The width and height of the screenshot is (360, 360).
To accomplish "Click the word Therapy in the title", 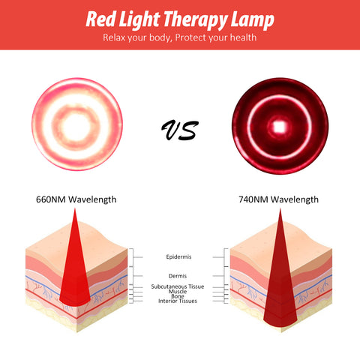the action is coord(195,20).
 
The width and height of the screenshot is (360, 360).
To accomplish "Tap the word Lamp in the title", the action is coord(253,20).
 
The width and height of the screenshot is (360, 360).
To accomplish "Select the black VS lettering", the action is coord(180,130).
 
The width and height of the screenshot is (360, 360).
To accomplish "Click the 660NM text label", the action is coord(51,199).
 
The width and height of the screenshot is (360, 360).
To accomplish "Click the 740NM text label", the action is coord(253,199).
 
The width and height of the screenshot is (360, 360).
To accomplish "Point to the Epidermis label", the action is coord(178,256).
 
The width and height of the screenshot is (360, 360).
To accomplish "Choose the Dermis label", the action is coord(178,276).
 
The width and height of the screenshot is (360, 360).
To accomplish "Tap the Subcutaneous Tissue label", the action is coord(178,286).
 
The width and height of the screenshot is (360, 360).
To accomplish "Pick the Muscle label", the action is coord(178,292).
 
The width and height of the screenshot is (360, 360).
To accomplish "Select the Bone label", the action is coord(178,296).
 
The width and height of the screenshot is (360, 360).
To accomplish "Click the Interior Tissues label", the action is coord(178,301).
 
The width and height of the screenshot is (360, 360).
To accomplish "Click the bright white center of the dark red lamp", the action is coord(280,127).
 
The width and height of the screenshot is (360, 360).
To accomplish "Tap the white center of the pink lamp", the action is coord(76,126).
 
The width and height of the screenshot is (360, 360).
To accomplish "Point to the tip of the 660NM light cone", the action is coord(75,208).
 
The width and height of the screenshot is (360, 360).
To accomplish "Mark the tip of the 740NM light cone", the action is coord(280,209).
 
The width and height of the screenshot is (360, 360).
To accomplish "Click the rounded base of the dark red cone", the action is coord(280,323).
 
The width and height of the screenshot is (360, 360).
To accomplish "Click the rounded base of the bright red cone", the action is coord(75,302).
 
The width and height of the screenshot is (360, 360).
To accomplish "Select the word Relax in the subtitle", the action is coord(114,37).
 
